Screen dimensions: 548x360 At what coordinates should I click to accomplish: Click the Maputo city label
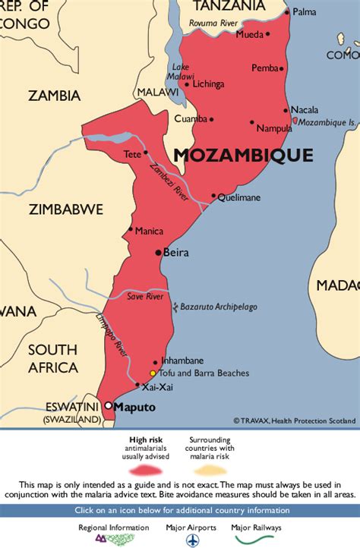[x=135, y=408]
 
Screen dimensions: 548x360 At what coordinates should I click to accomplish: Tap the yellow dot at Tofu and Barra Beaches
[x=153, y=373]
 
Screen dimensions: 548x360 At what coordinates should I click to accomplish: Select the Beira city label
[x=176, y=253]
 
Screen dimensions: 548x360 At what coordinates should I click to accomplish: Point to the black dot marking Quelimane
[x=213, y=195]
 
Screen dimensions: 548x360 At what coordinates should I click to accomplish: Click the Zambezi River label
[x=169, y=181]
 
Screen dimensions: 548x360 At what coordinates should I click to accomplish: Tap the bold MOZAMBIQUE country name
[x=243, y=155]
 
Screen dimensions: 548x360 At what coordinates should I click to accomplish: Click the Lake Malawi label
[x=181, y=71]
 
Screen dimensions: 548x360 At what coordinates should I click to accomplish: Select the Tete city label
[x=132, y=154]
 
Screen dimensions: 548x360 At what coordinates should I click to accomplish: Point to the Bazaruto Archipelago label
[x=219, y=307]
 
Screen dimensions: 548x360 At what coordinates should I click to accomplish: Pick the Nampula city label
[x=274, y=128]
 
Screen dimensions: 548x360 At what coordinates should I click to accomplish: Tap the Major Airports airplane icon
[x=190, y=540]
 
